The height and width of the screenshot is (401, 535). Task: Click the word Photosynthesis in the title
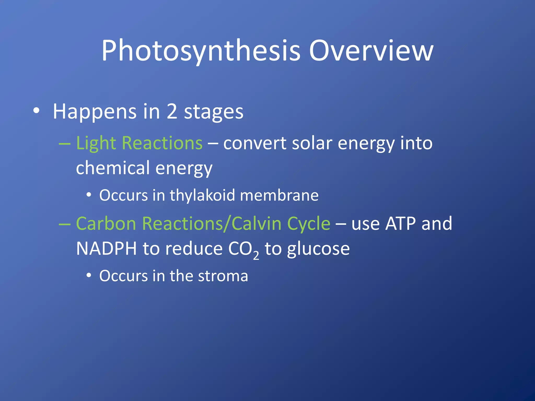point(201,51)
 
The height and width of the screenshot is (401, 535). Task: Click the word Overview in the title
point(371,51)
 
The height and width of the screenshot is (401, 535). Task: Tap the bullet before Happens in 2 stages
point(36,111)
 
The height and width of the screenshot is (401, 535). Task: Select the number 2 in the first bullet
point(172,111)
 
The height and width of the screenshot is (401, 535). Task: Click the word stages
point(213,112)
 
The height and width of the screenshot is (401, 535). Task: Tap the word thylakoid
point(202,195)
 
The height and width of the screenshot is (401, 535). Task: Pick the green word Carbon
point(106,224)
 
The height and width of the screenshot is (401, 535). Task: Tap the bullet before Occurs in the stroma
point(89,275)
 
